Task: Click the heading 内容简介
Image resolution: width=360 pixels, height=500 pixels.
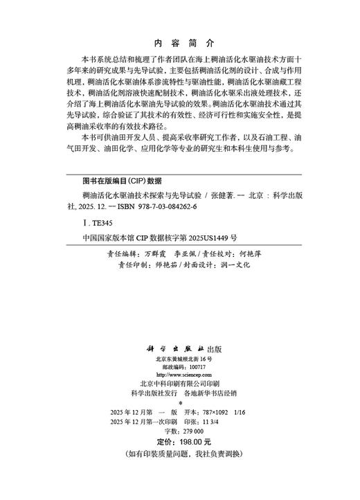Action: click(179, 41)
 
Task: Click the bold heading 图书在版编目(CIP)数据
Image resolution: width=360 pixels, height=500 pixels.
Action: click(113, 179)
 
